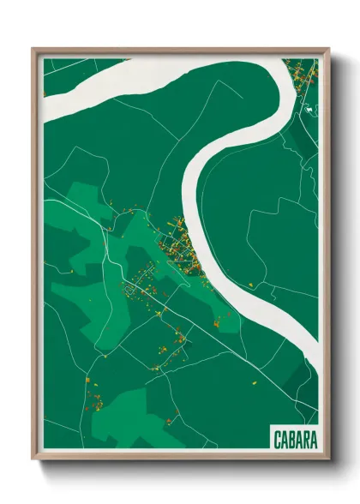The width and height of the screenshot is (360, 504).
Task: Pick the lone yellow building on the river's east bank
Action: tap(250, 282)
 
